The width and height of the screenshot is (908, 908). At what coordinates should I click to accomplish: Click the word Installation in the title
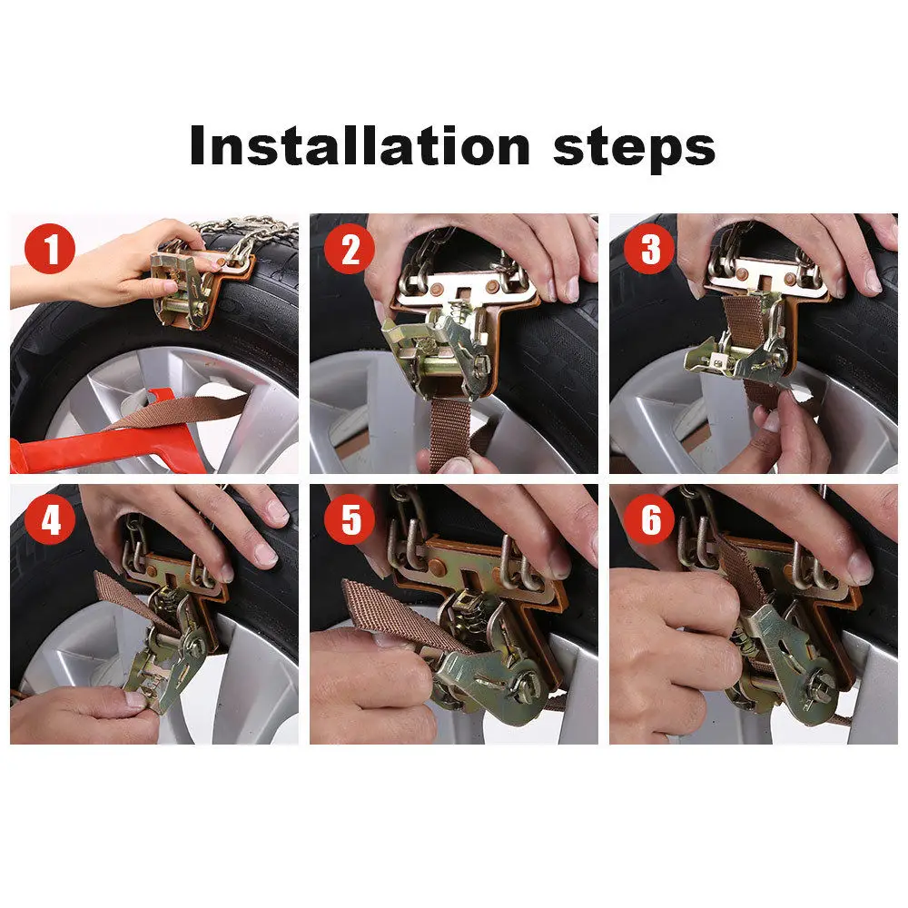(x=359, y=145)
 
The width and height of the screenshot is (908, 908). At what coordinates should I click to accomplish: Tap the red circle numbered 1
(x=50, y=250)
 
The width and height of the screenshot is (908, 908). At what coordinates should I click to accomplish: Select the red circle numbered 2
(x=350, y=250)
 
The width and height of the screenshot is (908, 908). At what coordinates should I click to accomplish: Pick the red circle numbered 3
(x=649, y=250)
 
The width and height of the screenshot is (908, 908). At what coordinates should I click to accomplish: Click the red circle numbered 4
(x=50, y=520)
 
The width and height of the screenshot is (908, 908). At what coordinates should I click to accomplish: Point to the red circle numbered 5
(x=350, y=520)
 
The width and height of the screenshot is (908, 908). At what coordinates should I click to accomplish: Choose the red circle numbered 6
(x=649, y=520)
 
